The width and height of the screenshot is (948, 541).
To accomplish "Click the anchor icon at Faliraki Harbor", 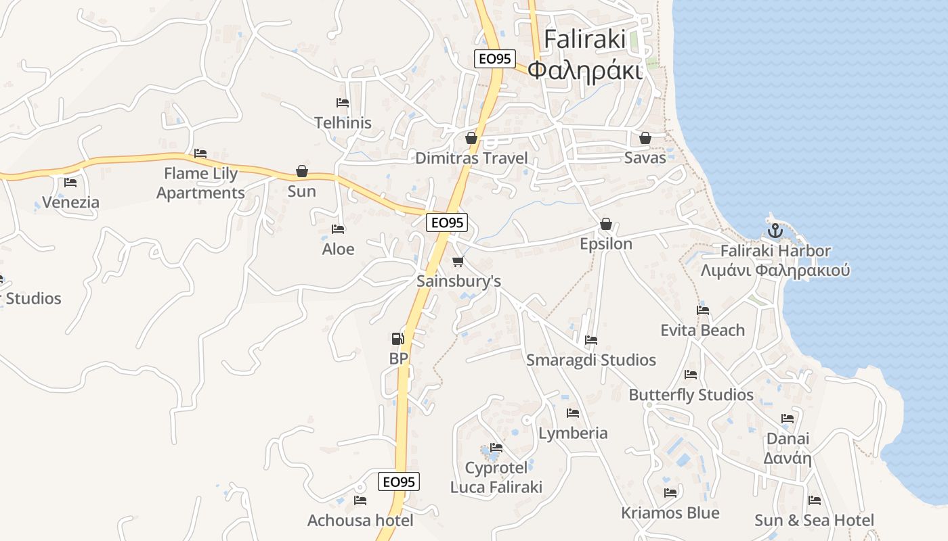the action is tap(775, 231).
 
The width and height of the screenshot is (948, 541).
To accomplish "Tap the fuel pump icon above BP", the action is tap(398, 338).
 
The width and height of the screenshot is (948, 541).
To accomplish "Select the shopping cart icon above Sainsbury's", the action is tap(458, 261).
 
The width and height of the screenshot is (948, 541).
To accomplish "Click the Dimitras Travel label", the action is tap(471, 158).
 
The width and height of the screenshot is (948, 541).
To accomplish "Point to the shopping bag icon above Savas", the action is tap(645, 138).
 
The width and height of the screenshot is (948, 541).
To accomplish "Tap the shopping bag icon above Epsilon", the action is tap(606, 224).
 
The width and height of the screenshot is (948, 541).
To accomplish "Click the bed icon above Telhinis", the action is tap(343, 103).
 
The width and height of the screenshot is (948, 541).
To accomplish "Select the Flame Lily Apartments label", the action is tap(200, 183).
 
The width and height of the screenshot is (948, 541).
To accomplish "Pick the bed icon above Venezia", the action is tap(70, 182).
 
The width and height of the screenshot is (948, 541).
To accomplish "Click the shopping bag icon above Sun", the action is tap(302, 171).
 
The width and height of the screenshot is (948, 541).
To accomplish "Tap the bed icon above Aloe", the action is tap(338, 229).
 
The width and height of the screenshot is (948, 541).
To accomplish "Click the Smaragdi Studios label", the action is tap(591, 360).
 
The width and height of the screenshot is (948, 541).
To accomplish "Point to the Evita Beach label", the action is tap(703, 330).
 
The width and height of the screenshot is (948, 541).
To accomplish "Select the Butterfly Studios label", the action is tap(691, 394).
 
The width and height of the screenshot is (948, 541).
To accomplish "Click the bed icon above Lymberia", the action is tap(573, 413).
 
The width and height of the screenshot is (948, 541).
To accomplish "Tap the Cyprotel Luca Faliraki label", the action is tap(496, 477).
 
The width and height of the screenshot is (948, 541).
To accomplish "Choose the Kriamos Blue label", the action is tap(670, 513).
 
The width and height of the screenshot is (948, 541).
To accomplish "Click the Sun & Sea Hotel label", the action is tap(815, 520).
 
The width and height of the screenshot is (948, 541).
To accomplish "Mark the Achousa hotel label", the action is tap(360, 520).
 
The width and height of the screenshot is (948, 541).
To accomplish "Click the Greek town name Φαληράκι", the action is tap(584, 70).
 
